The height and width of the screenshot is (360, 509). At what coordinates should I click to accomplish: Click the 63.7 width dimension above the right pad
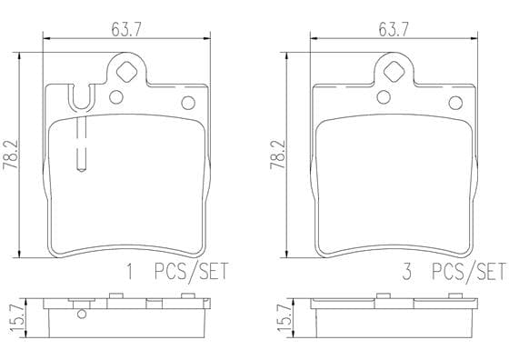(394, 31)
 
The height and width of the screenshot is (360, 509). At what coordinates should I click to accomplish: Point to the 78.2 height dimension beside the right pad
(277, 155)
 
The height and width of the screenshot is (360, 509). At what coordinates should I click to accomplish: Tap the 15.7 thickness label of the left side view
(17, 318)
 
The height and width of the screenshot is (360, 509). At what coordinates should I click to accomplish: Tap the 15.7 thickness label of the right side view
(284, 318)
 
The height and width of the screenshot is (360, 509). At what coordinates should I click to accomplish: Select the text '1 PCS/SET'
(177, 272)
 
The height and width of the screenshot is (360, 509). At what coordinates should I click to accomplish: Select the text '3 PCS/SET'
(454, 272)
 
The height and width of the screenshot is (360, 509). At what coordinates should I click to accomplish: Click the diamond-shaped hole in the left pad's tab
(126, 72)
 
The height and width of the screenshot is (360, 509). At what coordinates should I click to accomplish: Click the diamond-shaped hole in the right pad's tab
(394, 72)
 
